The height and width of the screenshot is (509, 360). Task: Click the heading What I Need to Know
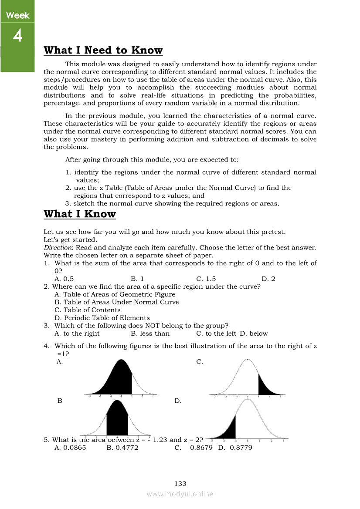tap(103, 51)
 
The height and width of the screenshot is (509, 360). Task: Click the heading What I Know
tap(80, 214)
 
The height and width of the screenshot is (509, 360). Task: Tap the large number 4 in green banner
tap(17, 36)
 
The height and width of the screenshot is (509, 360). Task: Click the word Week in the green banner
tap(17, 16)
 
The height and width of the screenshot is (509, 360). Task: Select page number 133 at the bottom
tap(180, 483)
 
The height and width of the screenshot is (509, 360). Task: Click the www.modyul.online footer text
tap(180, 494)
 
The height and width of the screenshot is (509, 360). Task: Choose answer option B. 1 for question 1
tap(137, 279)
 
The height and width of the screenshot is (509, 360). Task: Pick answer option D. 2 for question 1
tap(268, 279)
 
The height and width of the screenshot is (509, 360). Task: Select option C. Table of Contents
tap(88, 310)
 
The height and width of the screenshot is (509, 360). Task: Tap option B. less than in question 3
tap(150, 334)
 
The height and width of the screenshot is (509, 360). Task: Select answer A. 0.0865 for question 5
tap(70, 447)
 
